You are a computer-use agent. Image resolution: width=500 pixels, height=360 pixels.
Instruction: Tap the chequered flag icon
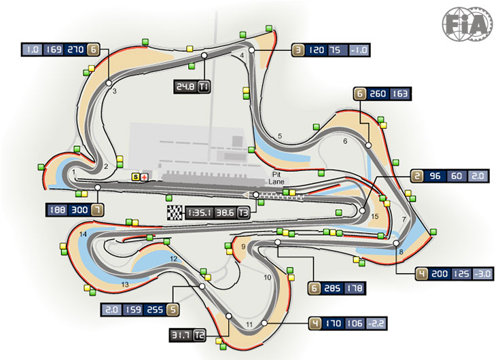[x=175, y=213]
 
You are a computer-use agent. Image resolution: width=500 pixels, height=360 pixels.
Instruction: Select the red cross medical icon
[x=145, y=177]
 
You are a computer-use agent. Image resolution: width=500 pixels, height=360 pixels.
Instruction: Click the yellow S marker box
[x=136, y=177]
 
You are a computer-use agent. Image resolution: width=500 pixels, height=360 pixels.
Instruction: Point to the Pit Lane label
[x=276, y=178]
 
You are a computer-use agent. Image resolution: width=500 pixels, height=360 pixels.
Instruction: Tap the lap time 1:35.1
[x=199, y=213]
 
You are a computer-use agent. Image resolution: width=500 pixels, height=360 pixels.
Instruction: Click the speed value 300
[x=79, y=210]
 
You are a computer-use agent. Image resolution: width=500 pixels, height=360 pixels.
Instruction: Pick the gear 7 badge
[x=98, y=210]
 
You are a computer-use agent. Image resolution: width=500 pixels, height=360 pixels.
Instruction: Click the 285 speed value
[x=332, y=288]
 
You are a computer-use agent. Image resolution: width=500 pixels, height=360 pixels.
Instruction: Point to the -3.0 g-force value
[x=483, y=274]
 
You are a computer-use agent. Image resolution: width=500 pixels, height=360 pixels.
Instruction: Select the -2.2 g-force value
[x=376, y=323]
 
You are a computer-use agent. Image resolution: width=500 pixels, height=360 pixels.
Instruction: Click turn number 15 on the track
[x=375, y=217]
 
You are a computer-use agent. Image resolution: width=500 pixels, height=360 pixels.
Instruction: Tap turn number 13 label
[x=125, y=284]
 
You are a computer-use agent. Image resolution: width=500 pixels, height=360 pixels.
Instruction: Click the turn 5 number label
[x=280, y=136]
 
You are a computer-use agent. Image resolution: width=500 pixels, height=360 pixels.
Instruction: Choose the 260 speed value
[x=378, y=94]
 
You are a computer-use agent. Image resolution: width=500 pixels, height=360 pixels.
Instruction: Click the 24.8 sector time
[x=185, y=87]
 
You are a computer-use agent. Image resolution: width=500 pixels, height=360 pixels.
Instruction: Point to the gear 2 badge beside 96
[x=417, y=176]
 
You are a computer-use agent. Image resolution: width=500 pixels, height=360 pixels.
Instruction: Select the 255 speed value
[x=155, y=310]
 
